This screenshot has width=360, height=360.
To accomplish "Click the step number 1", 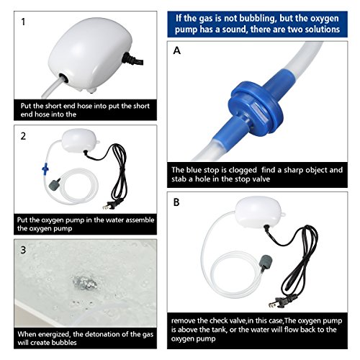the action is pos(23,22).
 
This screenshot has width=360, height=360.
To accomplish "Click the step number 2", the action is pos(23,136).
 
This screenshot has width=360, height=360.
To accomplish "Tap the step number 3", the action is pos(23,250).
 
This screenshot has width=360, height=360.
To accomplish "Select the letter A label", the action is pos(177,50).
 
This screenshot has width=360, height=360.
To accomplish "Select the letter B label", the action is pos(176,202).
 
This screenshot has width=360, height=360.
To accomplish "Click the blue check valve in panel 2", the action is pos(45,168).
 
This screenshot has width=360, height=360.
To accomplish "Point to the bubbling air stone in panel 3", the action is pos(84,282).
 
